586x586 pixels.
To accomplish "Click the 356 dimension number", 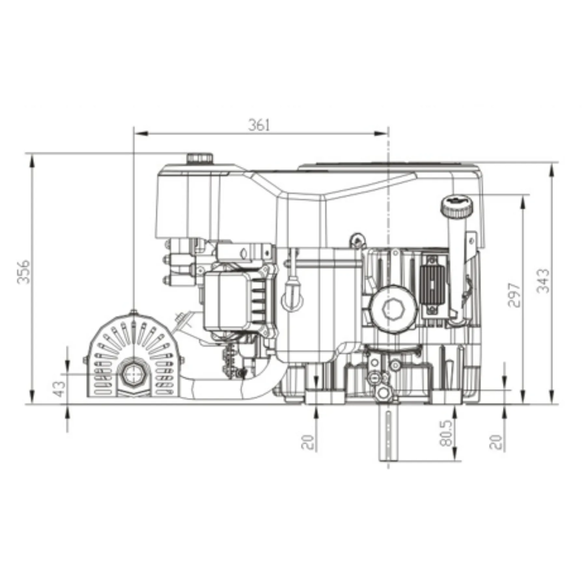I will (x=23, y=272).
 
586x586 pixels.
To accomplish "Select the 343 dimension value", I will (x=542, y=281).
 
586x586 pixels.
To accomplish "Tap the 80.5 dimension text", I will (x=446, y=433).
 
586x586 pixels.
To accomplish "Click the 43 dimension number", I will (x=59, y=389).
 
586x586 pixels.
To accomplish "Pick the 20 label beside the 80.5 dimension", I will (x=496, y=442).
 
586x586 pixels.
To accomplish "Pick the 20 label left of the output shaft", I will (x=308, y=442).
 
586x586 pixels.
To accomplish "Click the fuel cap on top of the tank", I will (x=200, y=158).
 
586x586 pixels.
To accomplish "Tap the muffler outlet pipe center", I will (x=133, y=375).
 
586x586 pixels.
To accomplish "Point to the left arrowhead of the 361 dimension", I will (x=141, y=133).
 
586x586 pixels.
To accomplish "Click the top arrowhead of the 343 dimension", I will (x=552, y=170).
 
